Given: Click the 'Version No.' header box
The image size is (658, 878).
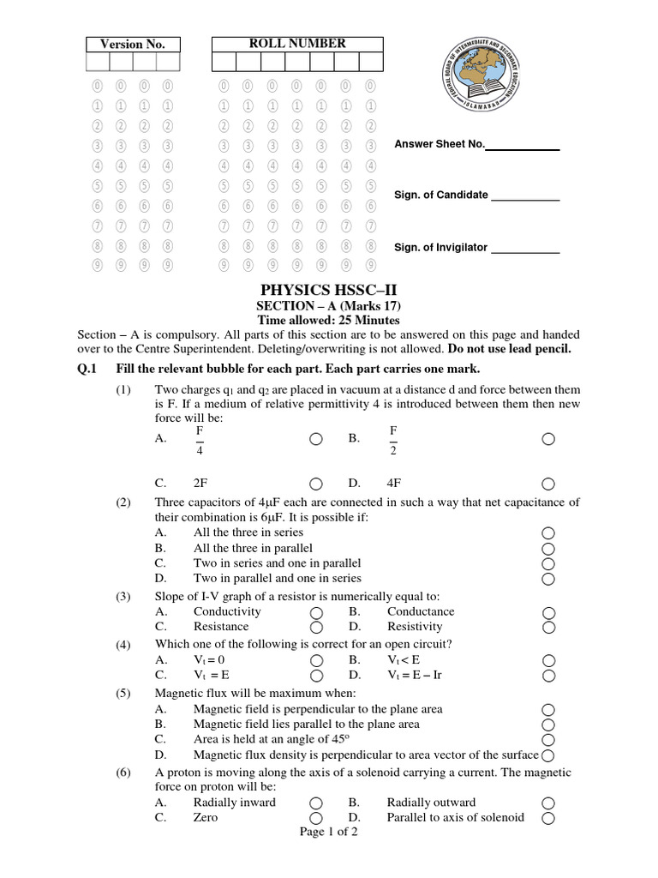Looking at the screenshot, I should pyautogui.click(x=132, y=45).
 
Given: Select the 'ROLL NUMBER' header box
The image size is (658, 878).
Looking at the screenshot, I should pyautogui.click(x=297, y=44).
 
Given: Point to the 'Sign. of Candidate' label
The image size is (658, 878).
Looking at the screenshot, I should pyautogui.click(x=441, y=195).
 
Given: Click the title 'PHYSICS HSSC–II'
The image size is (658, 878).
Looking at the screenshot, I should pyautogui.click(x=329, y=290).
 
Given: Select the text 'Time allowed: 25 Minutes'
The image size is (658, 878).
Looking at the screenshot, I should pyautogui.click(x=329, y=321).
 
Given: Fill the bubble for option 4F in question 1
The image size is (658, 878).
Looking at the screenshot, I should pyautogui.click(x=548, y=483).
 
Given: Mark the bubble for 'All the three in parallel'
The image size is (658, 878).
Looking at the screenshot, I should pyautogui.click(x=548, y=549).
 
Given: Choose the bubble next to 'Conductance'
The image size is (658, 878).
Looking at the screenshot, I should pyautogui.click(x=548, y=612).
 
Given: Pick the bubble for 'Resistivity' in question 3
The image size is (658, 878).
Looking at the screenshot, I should pyautogui.click(x=548, y=627).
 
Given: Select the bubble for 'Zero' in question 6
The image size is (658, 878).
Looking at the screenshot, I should pyautogui.click(x=316, y=818).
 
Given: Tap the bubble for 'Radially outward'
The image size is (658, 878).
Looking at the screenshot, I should pyautogui.click(x=548, y=803).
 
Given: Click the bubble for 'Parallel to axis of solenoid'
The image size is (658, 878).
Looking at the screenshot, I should pyautogui.click(x=548, y=818).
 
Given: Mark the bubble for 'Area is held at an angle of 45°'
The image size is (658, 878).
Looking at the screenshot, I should pyautogui.click(x=548, y=739).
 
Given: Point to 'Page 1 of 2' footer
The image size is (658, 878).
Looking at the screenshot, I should pyautogui.click(x=329, y=833).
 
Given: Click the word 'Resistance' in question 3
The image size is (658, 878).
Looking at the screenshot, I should pyautogui.click(x=220, y=627).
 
